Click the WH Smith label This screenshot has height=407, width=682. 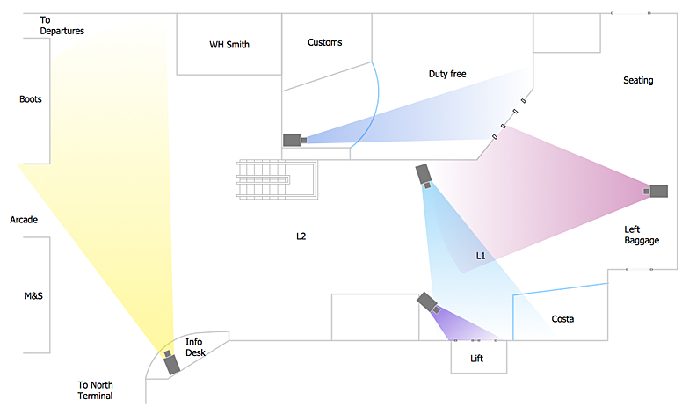coord(229,44)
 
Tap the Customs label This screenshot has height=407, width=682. coord(325,42)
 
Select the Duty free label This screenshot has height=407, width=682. coord(447,74)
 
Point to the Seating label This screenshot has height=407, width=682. coord(638,81)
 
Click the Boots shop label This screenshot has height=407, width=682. coord(31,99)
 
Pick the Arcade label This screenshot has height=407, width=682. coord(24,220)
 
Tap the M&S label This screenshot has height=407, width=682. coord(33,296)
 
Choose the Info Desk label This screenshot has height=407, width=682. coord(195,347)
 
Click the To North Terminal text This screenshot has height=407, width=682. coord(95,390)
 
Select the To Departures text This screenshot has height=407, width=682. coord(62,25)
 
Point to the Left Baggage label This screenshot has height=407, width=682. coord(642,235)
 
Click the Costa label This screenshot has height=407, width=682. coord(562,318)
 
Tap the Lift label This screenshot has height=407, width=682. coord(477,359)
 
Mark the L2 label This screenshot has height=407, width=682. coord(301,237)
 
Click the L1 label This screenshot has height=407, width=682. coord(481,256)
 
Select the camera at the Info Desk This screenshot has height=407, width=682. coord(170,361)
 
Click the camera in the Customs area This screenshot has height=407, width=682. coord(294,140)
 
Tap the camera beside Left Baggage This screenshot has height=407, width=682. coord(657,191)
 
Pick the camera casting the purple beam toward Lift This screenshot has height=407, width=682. coord(429,302)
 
